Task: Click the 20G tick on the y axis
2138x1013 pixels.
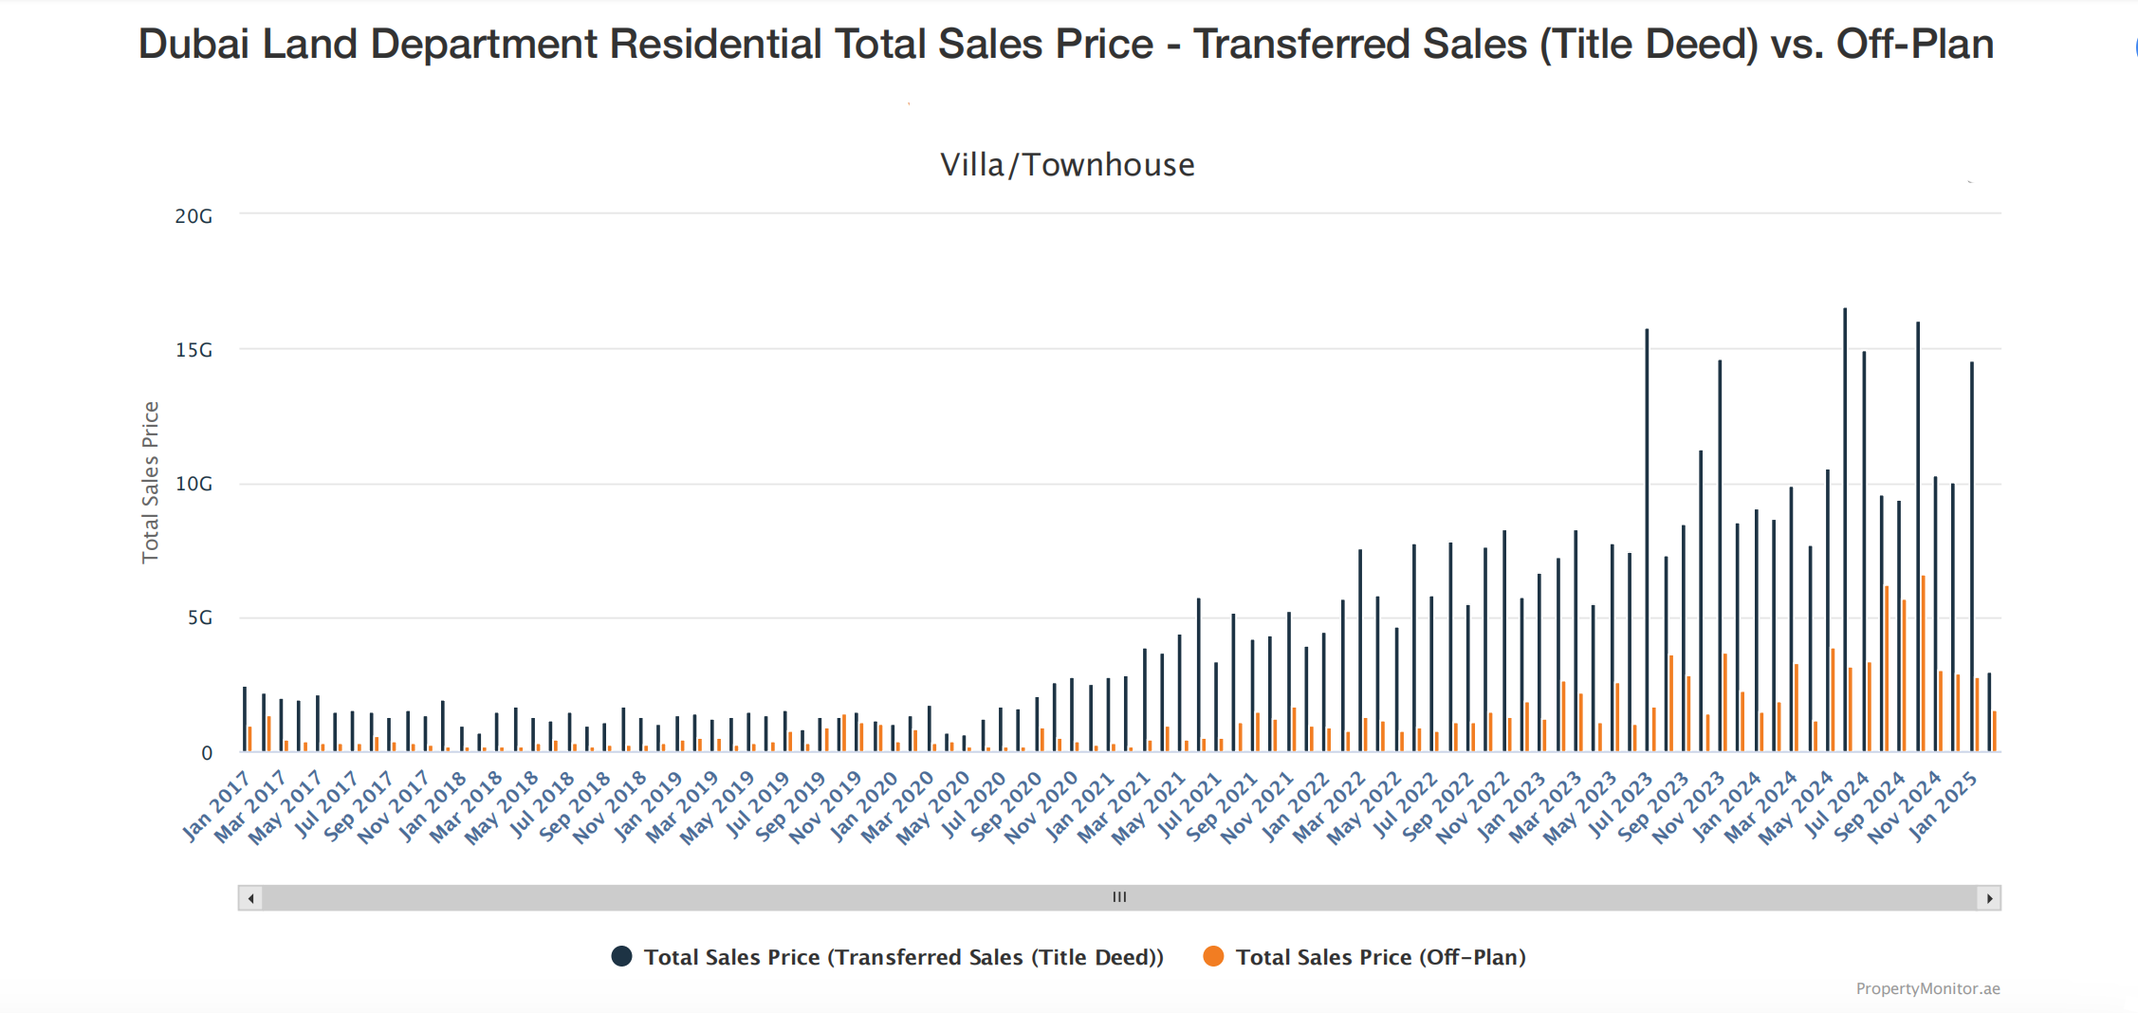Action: click(194, 216)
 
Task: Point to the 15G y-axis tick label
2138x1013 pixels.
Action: click(194, 350)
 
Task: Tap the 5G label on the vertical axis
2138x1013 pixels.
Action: click(199, 618)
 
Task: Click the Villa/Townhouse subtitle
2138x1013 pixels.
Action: click(1067, 165)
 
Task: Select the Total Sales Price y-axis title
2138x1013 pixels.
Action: click(150, 482)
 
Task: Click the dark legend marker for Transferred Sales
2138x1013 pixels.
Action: click(621, 956)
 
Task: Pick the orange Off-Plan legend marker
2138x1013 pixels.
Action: click(1213, 956)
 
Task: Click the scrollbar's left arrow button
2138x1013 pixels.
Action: click(250, 897)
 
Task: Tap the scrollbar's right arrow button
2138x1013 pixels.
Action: click(1989, 897)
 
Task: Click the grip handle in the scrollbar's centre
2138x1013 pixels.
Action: click(1119, 897)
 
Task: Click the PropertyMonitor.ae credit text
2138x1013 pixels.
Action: click(1927, 988)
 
